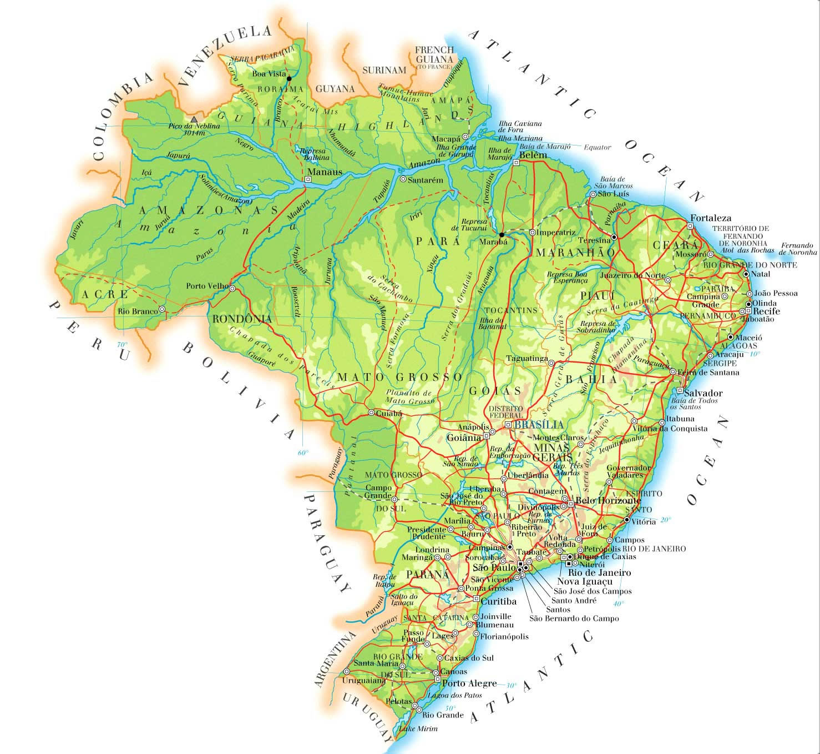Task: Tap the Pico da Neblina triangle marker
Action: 194,119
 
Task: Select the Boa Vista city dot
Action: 288,78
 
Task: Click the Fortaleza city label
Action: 710,218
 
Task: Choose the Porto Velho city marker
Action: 232,289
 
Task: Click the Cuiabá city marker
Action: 371,413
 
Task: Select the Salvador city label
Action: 703,393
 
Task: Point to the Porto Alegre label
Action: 469,683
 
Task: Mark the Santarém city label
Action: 426,180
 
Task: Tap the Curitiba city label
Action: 498,601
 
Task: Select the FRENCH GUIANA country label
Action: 434,54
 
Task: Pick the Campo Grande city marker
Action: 395,497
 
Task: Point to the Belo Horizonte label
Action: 608,501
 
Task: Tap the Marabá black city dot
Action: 502,234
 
